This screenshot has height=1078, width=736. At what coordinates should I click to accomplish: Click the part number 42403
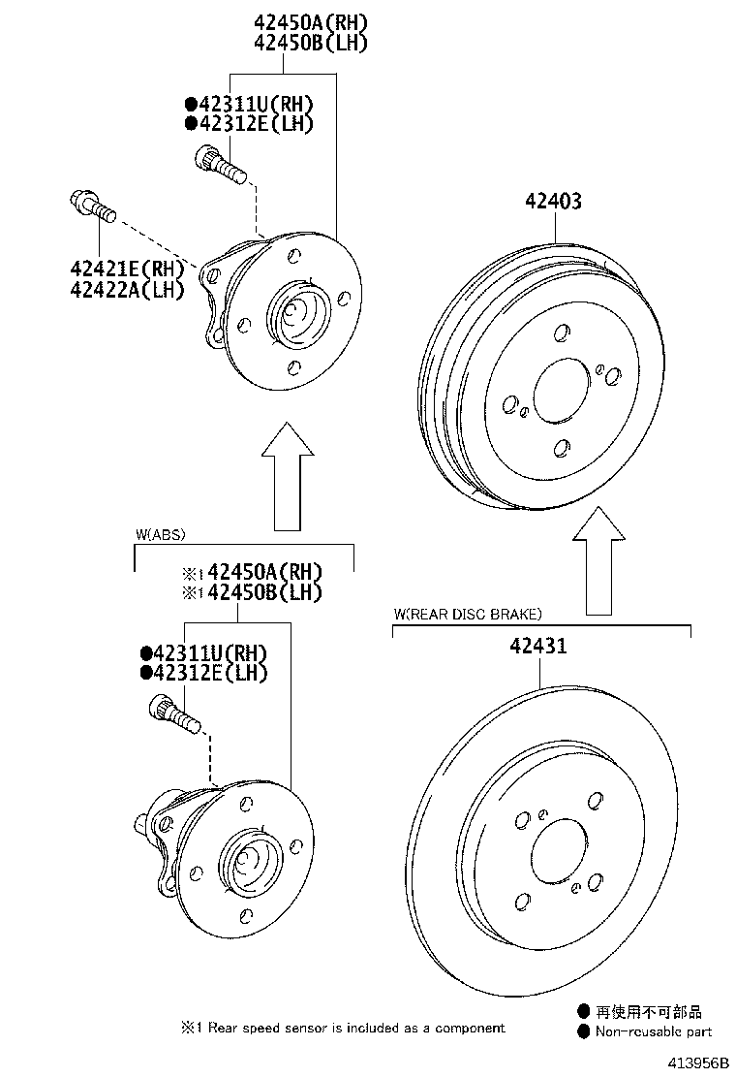coord(554,202)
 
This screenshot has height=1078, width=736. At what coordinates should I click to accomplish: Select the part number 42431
coord(535,647)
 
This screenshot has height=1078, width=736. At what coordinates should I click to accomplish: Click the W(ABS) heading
coord(160,534)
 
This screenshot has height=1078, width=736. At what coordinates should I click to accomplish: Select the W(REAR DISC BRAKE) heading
coord(468,614)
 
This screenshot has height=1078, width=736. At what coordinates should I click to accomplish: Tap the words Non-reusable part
coord(653,1031)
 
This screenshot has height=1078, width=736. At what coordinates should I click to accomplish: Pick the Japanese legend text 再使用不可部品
coord(649,1012)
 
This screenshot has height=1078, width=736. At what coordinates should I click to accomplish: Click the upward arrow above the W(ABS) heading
coord(287,475)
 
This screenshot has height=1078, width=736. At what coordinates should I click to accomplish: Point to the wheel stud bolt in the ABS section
coord(173,716)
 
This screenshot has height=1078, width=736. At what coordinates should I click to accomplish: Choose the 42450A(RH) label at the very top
coord(311,22)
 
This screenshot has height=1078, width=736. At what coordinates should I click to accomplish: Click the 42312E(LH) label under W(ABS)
coord(204,673)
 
